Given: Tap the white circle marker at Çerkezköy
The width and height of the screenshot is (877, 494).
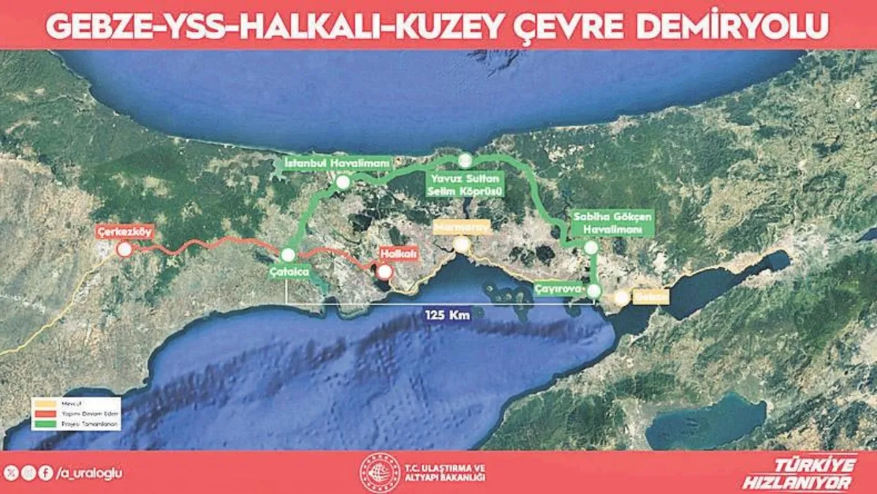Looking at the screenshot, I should tap(124, 250).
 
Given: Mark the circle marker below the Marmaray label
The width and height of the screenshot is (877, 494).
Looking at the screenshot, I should tap(461, 245).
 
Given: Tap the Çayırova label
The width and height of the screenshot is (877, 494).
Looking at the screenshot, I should tap(559, 288).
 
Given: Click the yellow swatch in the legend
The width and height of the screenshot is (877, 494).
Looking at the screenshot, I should tap(43, 402).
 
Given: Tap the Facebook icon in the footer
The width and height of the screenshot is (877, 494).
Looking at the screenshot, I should tap(46, 473).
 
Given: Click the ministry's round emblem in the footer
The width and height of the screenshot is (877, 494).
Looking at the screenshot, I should tap(380, 473).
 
